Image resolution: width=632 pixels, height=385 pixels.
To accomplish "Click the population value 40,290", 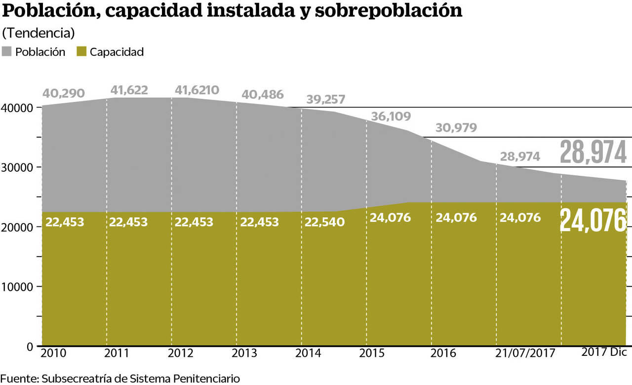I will coord(64,93).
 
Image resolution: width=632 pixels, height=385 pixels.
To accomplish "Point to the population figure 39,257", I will coord(326,99).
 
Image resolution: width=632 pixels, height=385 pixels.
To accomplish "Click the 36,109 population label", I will coord(391,116).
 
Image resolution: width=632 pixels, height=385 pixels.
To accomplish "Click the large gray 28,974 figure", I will coord(593,153).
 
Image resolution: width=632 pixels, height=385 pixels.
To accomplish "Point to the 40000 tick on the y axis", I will coord(17,108).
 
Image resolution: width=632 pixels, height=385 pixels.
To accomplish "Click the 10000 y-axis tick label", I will coord(17,287).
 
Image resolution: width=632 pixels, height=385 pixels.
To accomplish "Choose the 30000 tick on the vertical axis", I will coord(17,167).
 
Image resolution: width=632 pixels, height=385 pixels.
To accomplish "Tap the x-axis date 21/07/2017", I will coord(525,353).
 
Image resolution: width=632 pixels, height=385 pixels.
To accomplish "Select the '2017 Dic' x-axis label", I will coord(604,352).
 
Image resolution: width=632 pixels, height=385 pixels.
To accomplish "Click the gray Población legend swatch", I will coord(7,52).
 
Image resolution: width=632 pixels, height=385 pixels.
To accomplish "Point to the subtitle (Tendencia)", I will coord(39,34).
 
